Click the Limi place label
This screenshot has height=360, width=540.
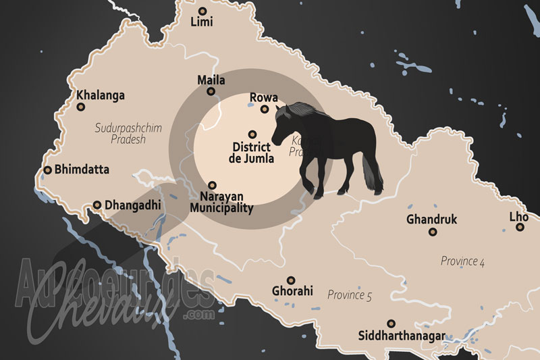[202, 22]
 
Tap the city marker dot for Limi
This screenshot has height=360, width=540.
[202, 10]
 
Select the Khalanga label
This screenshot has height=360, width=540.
[101, 95]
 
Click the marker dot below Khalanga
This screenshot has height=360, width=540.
[81, 107]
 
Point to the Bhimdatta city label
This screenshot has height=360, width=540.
[82, 170]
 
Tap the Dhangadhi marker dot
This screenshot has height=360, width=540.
[97, 204]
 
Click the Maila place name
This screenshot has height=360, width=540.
[211, 80]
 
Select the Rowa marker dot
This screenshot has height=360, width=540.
[265, 109]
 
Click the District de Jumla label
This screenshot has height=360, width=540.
[252, 153]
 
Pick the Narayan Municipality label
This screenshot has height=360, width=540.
[221, 202]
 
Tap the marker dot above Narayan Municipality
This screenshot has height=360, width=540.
[212, 185]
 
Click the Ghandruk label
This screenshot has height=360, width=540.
[432, 220]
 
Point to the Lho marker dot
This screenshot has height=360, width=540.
[520, 228]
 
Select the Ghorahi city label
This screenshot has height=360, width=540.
[292, 292]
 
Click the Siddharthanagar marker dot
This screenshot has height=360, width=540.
[389, 324]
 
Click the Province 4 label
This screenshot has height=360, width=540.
[462, 261]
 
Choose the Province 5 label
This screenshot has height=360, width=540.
[350, 295]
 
